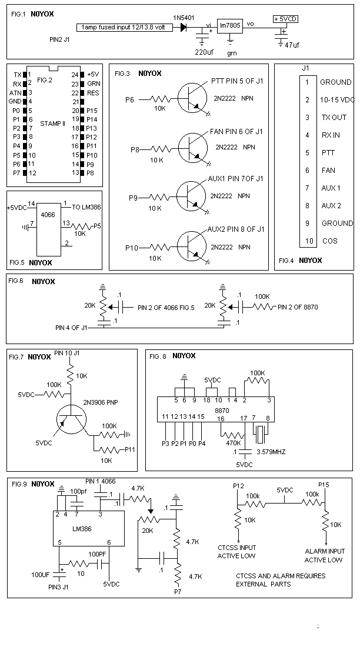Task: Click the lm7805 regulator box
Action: point(230,26)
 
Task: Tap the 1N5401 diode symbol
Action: point(184,27)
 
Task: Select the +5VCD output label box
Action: point(285,19)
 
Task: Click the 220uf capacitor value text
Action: point(202,52)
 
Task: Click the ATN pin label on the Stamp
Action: point(15,93)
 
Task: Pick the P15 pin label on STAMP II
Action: point(92,110)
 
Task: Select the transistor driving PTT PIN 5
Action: point(192,98)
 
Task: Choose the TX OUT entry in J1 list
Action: point(334,118)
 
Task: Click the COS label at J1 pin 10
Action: point(329,241)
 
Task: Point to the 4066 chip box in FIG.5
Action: point(48,229)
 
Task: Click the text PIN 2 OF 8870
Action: point(298,307)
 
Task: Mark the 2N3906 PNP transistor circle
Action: point(71,418)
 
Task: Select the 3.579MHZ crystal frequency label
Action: point(271,452)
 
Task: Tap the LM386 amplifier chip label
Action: point(82,529)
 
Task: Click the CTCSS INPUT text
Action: point(237,548)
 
